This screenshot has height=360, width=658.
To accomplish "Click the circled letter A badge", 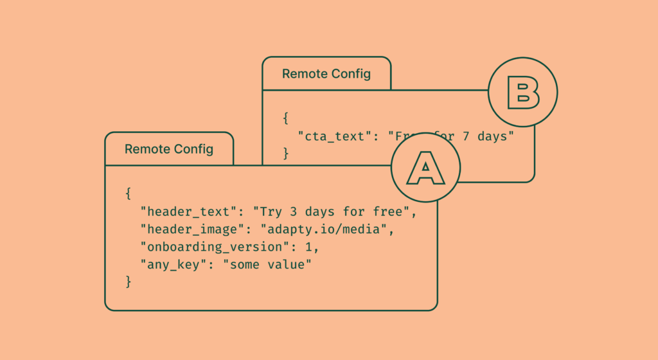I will [425, 167].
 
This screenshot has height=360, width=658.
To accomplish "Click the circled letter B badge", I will [522, 93].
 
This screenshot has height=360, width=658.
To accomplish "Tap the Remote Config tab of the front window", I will [169, 149].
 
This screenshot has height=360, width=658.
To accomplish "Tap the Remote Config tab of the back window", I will [326, 74].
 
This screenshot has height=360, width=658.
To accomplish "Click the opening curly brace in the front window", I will [129, 194].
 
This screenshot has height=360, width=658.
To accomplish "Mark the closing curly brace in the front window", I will [129, 282].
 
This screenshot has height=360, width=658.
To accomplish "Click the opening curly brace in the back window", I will [286, 118].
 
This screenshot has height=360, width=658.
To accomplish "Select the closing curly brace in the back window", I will [286, 154].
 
